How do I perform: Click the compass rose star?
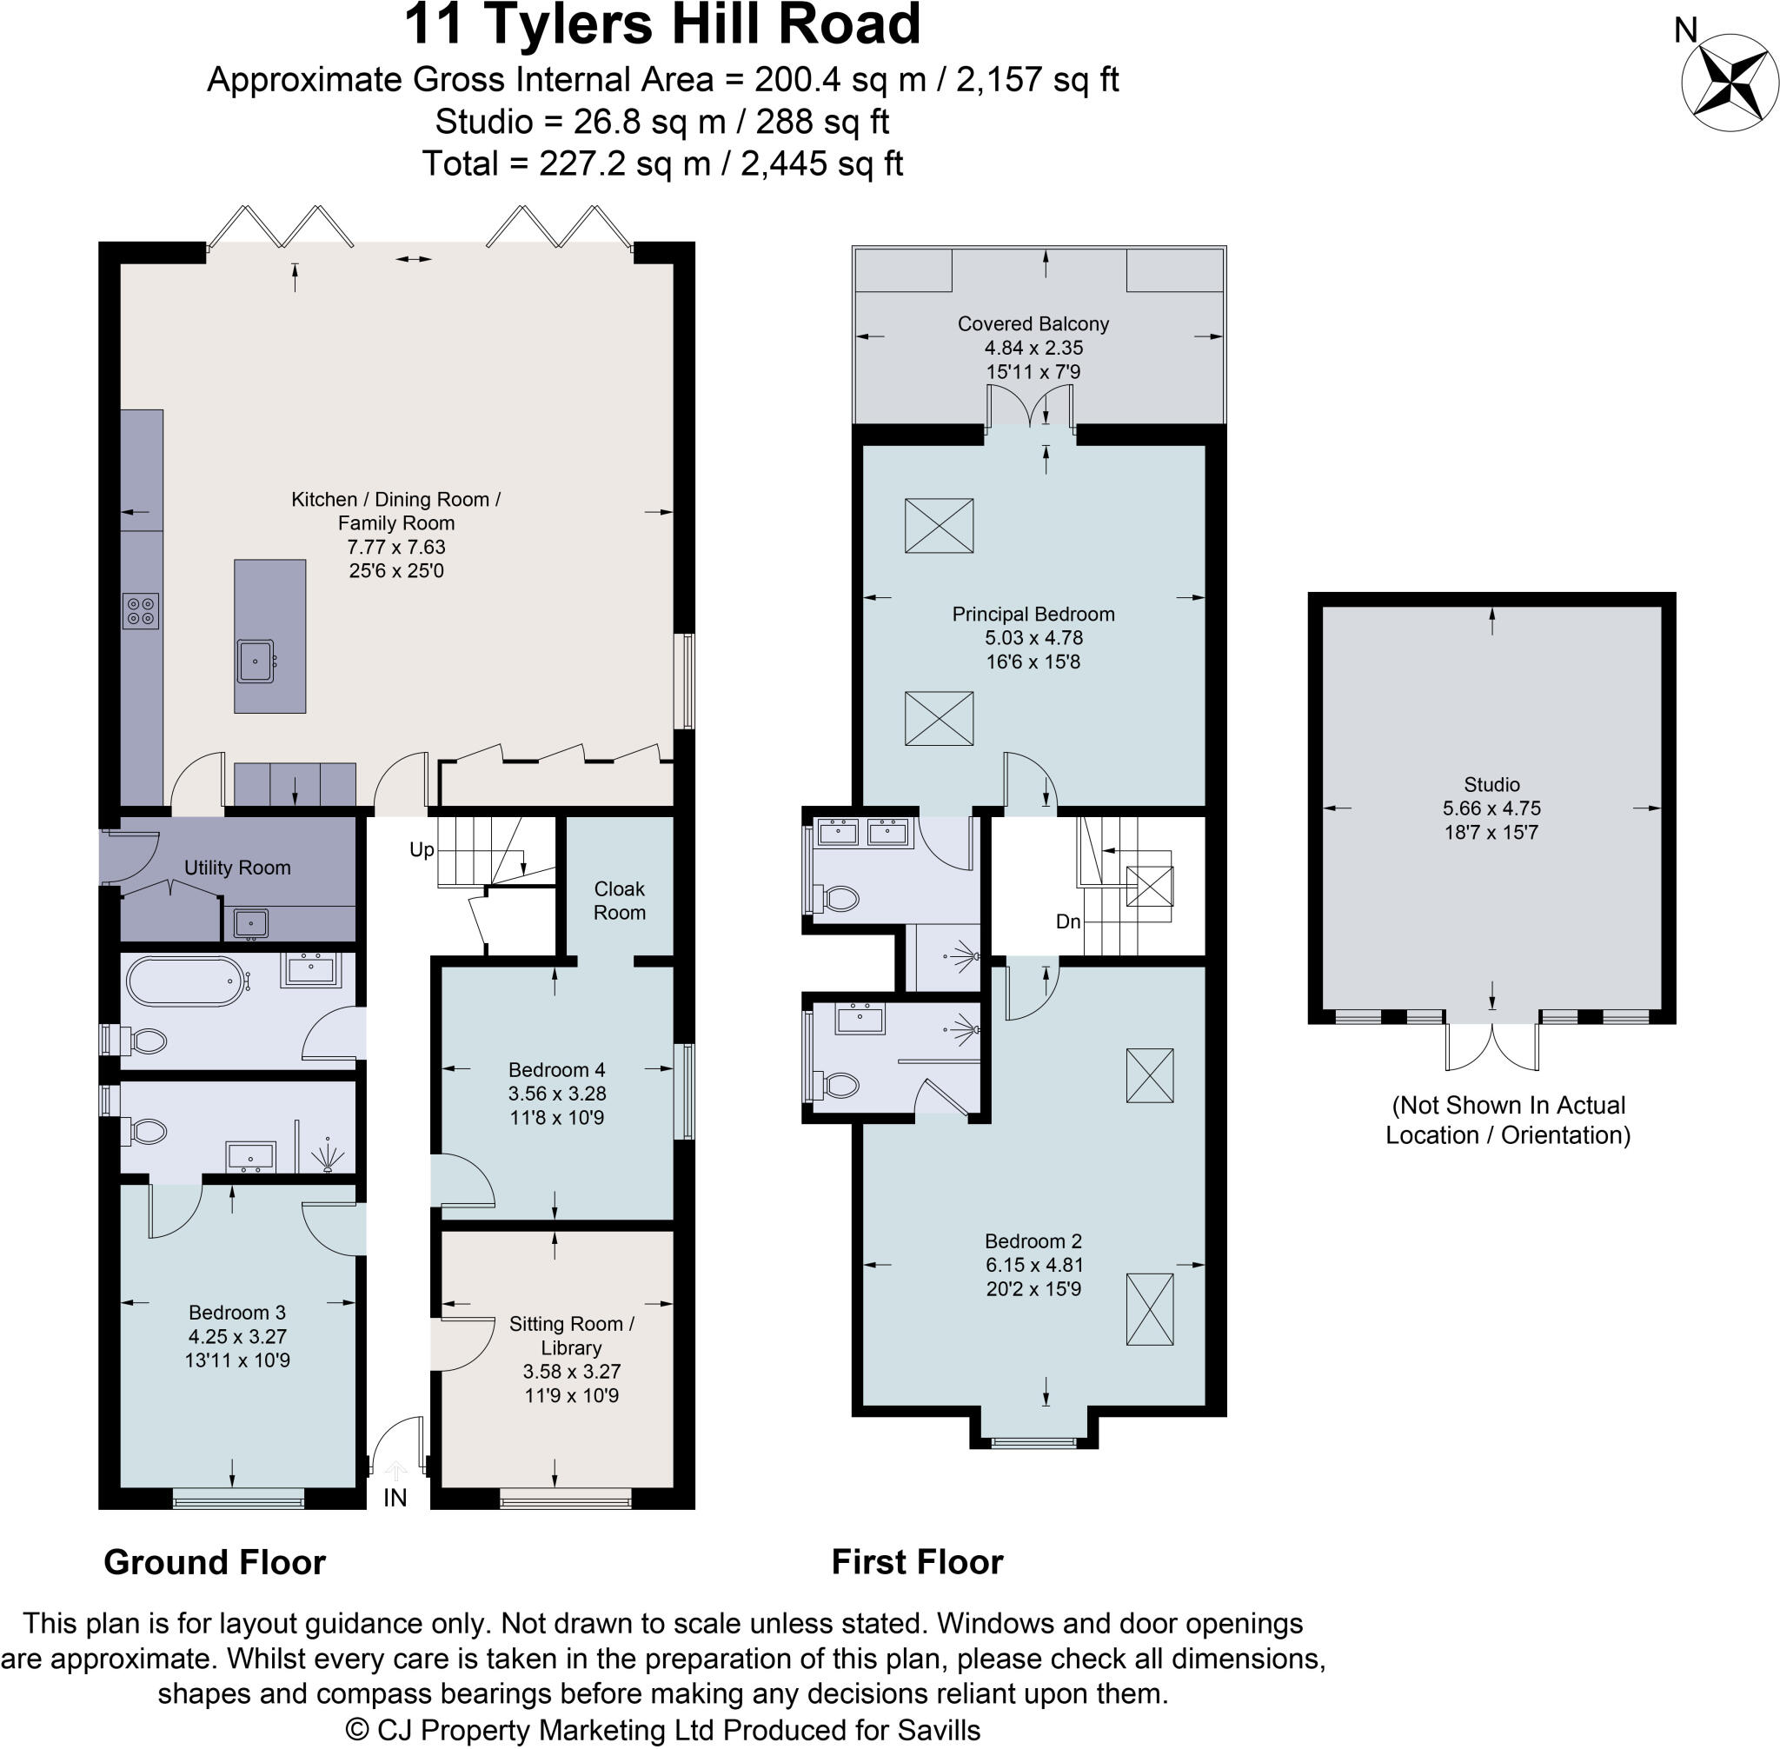click(1724, 83)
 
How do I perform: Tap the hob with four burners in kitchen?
click(141, 611)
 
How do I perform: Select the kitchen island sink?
click(255, 662)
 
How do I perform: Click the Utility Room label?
click(237, 868)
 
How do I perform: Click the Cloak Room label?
click(619, 901)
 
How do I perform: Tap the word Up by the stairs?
click(422, 849)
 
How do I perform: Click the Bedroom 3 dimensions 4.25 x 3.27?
click(237, 1337)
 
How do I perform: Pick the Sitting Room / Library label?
click(571, 1334)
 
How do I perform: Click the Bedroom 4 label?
click(556, 1069)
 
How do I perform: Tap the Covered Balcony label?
click(1033, 323)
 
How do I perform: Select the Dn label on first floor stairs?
click(1068, 921)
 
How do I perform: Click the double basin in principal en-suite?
click(862, 833)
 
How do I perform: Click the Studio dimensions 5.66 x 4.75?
click(1491, 808)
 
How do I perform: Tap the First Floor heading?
click(917, 1561)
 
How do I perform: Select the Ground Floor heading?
click(214, 1561)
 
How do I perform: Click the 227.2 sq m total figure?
click(625, 163)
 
